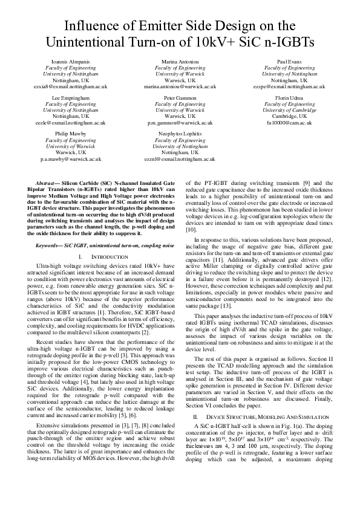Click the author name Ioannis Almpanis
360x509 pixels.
coord(70,62)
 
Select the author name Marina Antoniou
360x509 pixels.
coord(180,62)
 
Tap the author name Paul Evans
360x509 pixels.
coord(289,62)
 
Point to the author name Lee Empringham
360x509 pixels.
coord(70,97)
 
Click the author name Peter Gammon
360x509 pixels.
coord(180,97)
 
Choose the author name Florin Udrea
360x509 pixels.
coord(289,97)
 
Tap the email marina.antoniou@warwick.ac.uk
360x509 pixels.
coord(180,87)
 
